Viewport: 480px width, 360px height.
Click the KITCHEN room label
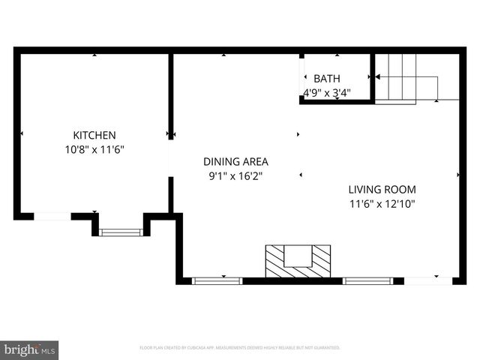click(94, 135)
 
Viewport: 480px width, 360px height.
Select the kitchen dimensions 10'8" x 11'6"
click(94, 149)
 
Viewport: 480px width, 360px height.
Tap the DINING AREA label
click(235, 161)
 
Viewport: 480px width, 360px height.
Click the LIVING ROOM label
click(382, 189)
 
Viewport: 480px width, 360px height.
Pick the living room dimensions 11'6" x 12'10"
click(382, 203)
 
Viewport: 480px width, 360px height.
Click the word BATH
click(326, 79)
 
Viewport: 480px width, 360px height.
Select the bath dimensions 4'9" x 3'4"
click(326, 93)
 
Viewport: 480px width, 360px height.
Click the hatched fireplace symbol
click(298, 260)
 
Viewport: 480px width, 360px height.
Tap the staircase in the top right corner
click(405, 77)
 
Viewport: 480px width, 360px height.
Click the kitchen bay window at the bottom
click(121, 232)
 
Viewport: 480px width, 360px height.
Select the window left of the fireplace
click(217, 280)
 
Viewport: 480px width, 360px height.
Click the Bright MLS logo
click(30, 349)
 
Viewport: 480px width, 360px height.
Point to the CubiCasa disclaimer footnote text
click(240, 348)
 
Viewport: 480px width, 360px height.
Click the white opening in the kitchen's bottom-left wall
click(52, 216)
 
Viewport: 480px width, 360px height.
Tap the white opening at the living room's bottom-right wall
click(428, 280)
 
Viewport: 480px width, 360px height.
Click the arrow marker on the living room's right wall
click(457, 175)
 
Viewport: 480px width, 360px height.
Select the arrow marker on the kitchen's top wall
click(94, 55)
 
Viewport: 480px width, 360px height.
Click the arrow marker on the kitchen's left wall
click(21, 133)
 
